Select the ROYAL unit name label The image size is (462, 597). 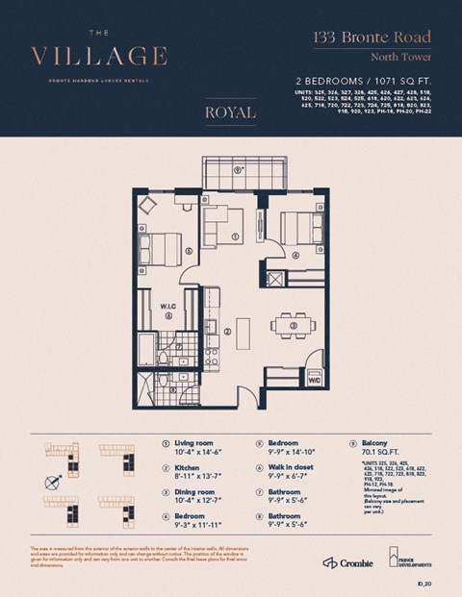230,112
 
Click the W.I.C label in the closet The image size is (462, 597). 167,307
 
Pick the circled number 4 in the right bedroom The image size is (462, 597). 295,255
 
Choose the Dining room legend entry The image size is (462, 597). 196,494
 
